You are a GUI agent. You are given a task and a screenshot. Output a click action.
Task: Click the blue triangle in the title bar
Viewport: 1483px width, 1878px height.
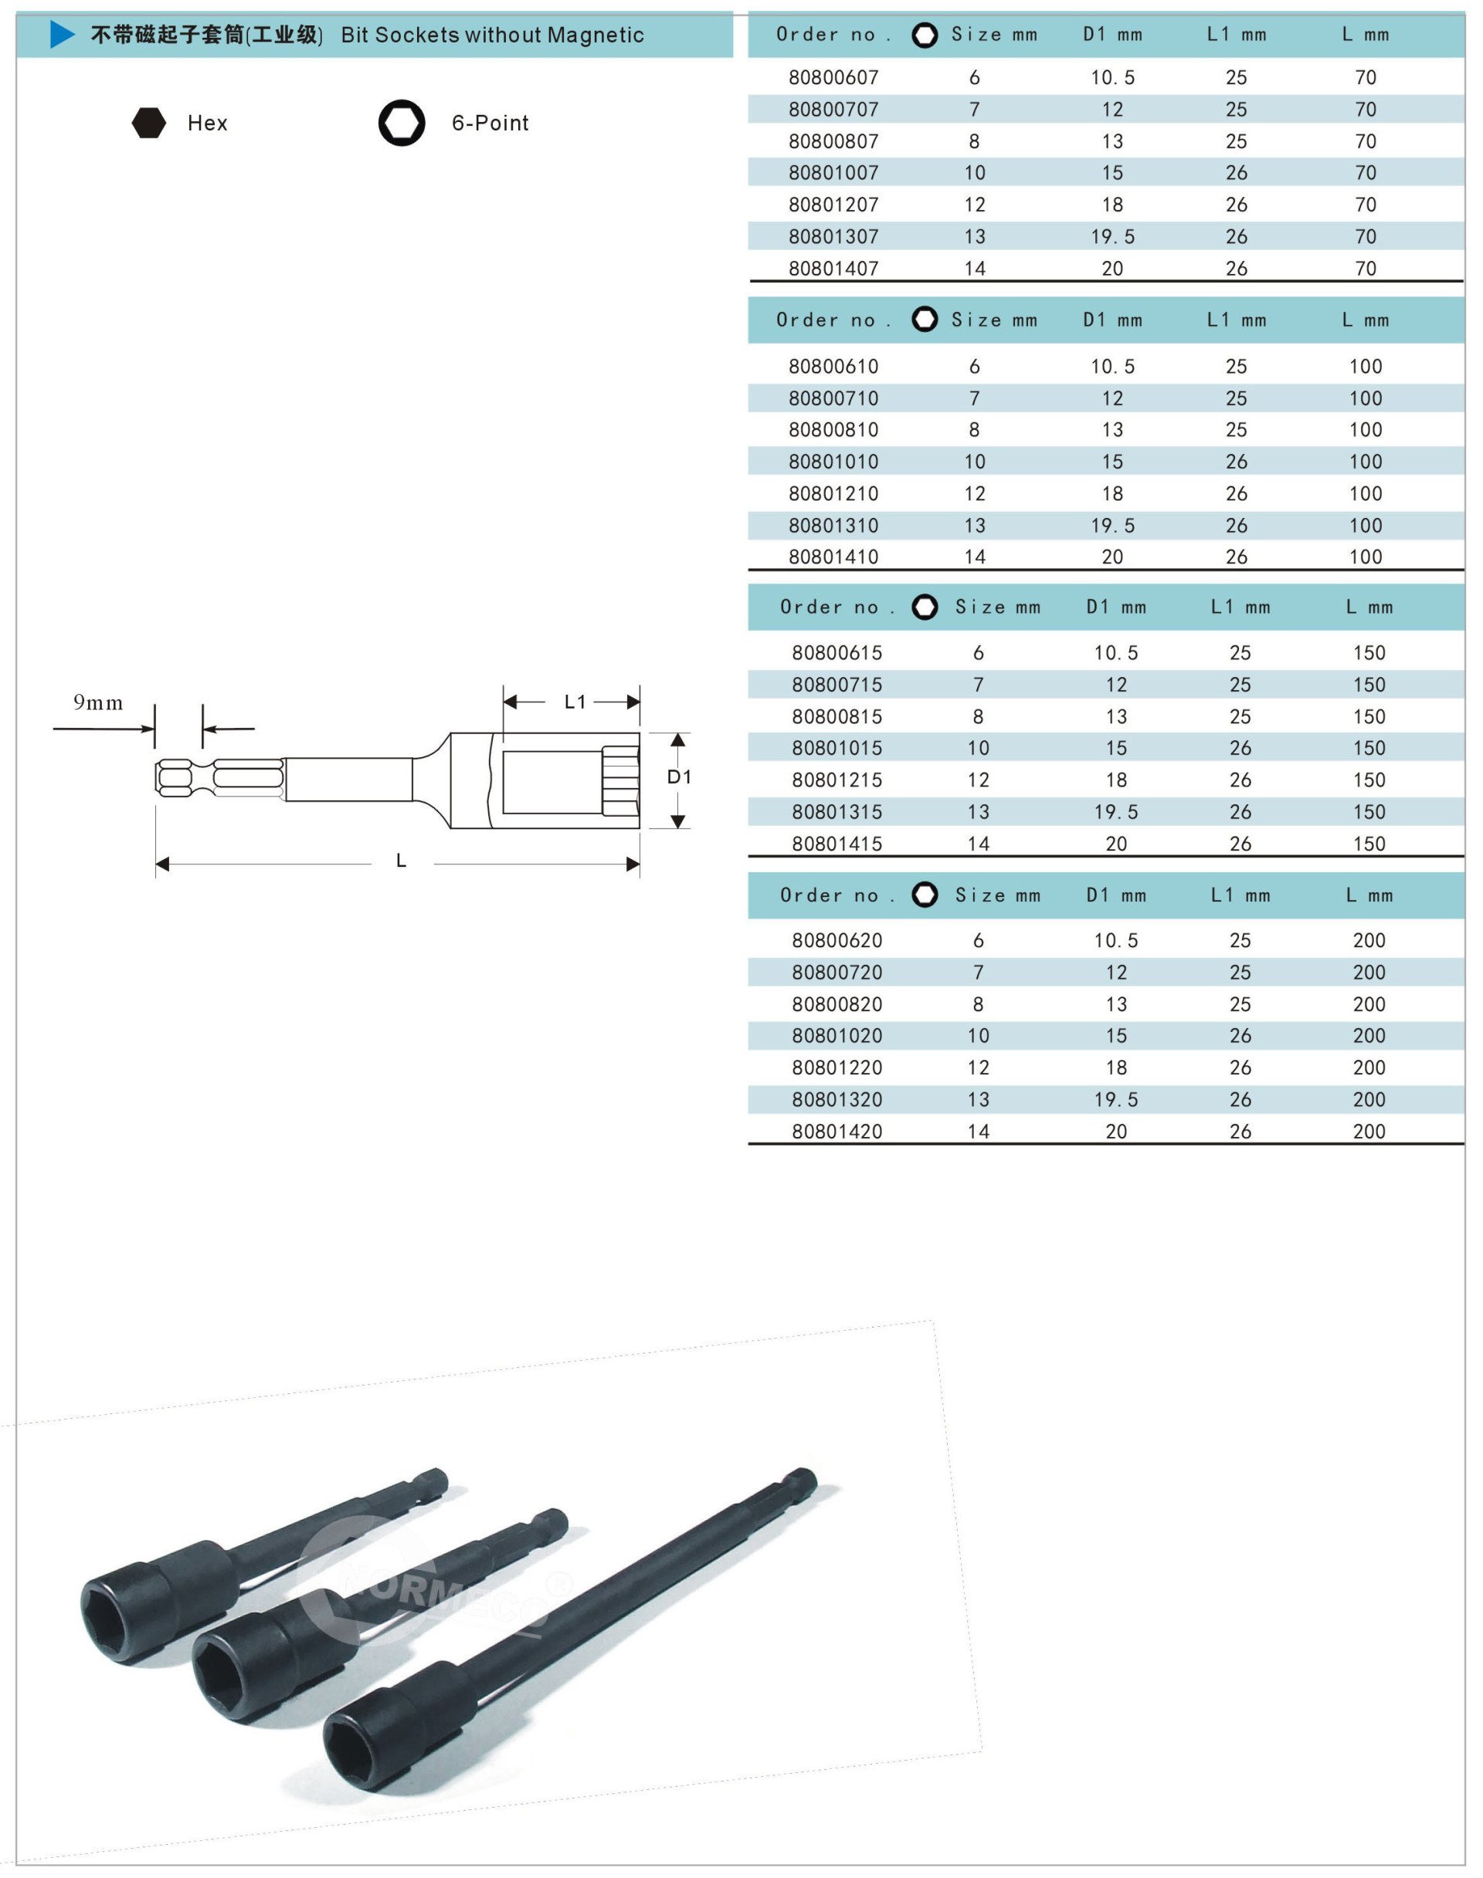[x=63, y=35]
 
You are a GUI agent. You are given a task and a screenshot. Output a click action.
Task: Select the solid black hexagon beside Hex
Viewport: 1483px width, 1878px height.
[x=148, y=123]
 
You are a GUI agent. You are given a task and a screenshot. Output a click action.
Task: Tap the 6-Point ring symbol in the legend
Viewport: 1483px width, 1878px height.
[x=401, y=123]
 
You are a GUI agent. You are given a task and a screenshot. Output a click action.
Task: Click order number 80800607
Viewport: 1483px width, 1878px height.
[x=833, y=77]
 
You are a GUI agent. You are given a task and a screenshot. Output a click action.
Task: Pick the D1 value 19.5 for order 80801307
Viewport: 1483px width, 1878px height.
[x=1112, y=236]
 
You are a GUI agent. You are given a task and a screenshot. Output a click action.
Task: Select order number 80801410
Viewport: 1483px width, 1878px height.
[x=833, y=557]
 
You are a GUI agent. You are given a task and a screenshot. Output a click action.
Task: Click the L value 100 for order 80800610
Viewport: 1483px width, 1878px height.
[x=1365, y=366]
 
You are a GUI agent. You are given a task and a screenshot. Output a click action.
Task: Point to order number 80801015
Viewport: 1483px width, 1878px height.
[x=837, y=747]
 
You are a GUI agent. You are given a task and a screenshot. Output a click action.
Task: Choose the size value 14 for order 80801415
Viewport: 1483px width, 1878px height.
[x=978, y=844]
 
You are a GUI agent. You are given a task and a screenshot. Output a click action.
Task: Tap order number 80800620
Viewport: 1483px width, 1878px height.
[x=837, y=940]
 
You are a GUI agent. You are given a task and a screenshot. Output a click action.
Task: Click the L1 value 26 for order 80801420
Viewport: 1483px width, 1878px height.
[x=1240, y=1131]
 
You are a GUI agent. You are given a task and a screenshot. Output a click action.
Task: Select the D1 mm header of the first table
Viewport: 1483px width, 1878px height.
[x=1112, y=35]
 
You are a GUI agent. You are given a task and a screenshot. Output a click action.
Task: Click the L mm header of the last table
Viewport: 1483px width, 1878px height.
[x=1369, y=895]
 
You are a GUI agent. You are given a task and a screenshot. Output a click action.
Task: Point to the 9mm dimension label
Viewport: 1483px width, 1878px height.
[x=98, y=702]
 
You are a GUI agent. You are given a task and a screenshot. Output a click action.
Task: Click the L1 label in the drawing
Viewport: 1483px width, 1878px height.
[x=575, y=701]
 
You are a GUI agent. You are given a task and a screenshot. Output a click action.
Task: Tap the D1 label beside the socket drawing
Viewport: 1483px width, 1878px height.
[x=679, y=777]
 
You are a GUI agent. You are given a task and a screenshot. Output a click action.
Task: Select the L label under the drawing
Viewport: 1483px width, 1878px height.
[x=401, y=861]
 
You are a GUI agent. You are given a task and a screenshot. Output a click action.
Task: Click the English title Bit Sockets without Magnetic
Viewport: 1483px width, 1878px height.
[x=492, y=35]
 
